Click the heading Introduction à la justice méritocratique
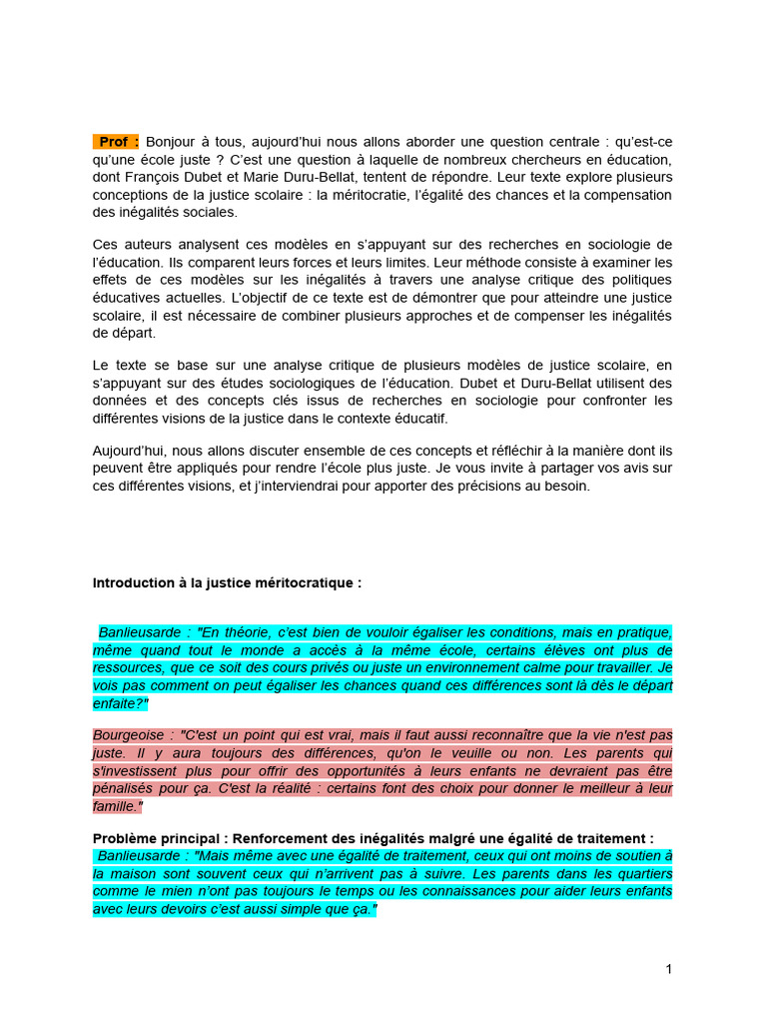[x=228, y=582]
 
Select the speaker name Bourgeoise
[x=132, y=734]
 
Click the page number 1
[x=668, y=970]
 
